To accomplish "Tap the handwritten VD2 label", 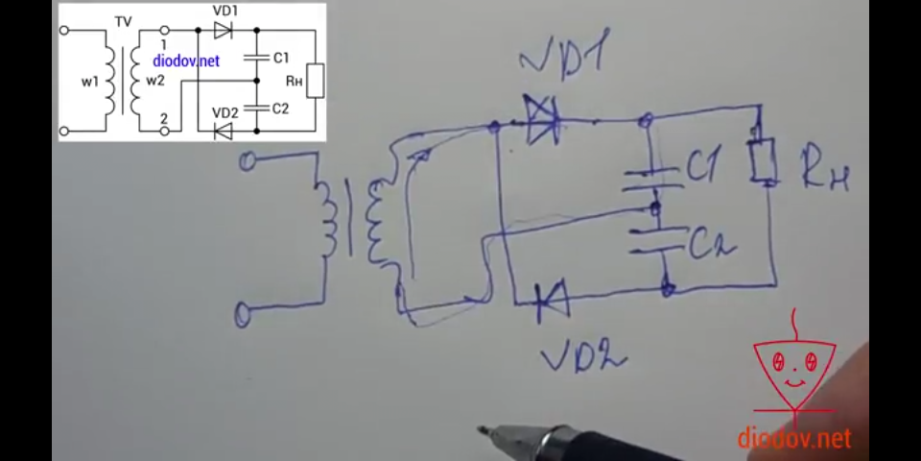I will click(x=583, y=355).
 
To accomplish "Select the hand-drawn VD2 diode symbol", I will click(x=552, y=303).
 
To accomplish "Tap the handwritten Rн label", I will click(x=825, y=173).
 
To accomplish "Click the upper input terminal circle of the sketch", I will click(x=248, y=163).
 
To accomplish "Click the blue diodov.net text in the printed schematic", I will click(x=186, y=61).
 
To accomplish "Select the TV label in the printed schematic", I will click(x=123, y=20).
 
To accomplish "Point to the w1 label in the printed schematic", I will click(x=89, y=82).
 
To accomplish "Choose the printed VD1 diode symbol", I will click(x=223, y=32).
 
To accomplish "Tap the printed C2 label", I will click(x=280, y=109).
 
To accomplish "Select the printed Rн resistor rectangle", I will click(x=316, y=82).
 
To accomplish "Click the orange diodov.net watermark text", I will click(x=794, y=439).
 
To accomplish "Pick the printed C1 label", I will click(x=280, y=58).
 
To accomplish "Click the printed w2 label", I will click(x=154, y=82).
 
